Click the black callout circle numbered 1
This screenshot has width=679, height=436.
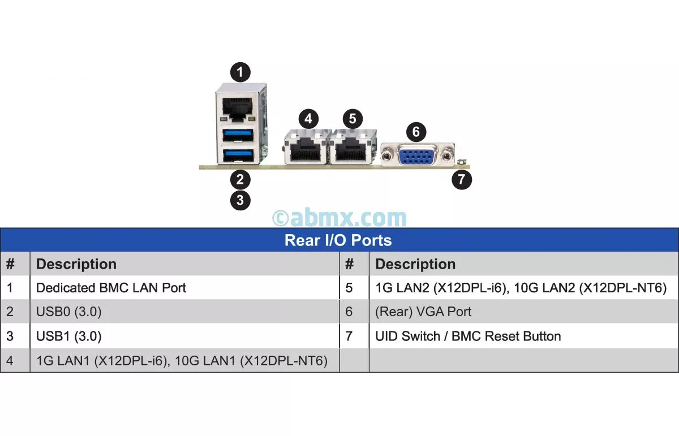[240, 72]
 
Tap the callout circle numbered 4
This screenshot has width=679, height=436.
[308, 119]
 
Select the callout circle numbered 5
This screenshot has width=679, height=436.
[353, 119]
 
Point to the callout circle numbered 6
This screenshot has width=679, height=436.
[416, 132]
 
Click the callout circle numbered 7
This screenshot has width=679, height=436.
[462, 180]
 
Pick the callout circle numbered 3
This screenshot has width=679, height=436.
[240, 200]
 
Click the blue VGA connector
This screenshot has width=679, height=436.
[417, 154]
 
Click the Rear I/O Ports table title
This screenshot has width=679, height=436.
[338, 240]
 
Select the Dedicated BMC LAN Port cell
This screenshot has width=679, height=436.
[111, 288]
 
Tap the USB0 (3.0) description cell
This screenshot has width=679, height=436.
[69, 312]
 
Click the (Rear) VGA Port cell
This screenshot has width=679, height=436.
[423, 312]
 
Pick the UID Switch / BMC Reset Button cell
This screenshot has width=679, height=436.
[468, 336]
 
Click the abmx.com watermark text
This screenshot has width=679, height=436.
[339, 218]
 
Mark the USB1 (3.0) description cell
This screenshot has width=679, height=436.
[69, 336]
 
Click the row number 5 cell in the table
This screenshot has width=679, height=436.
[349, 288]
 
